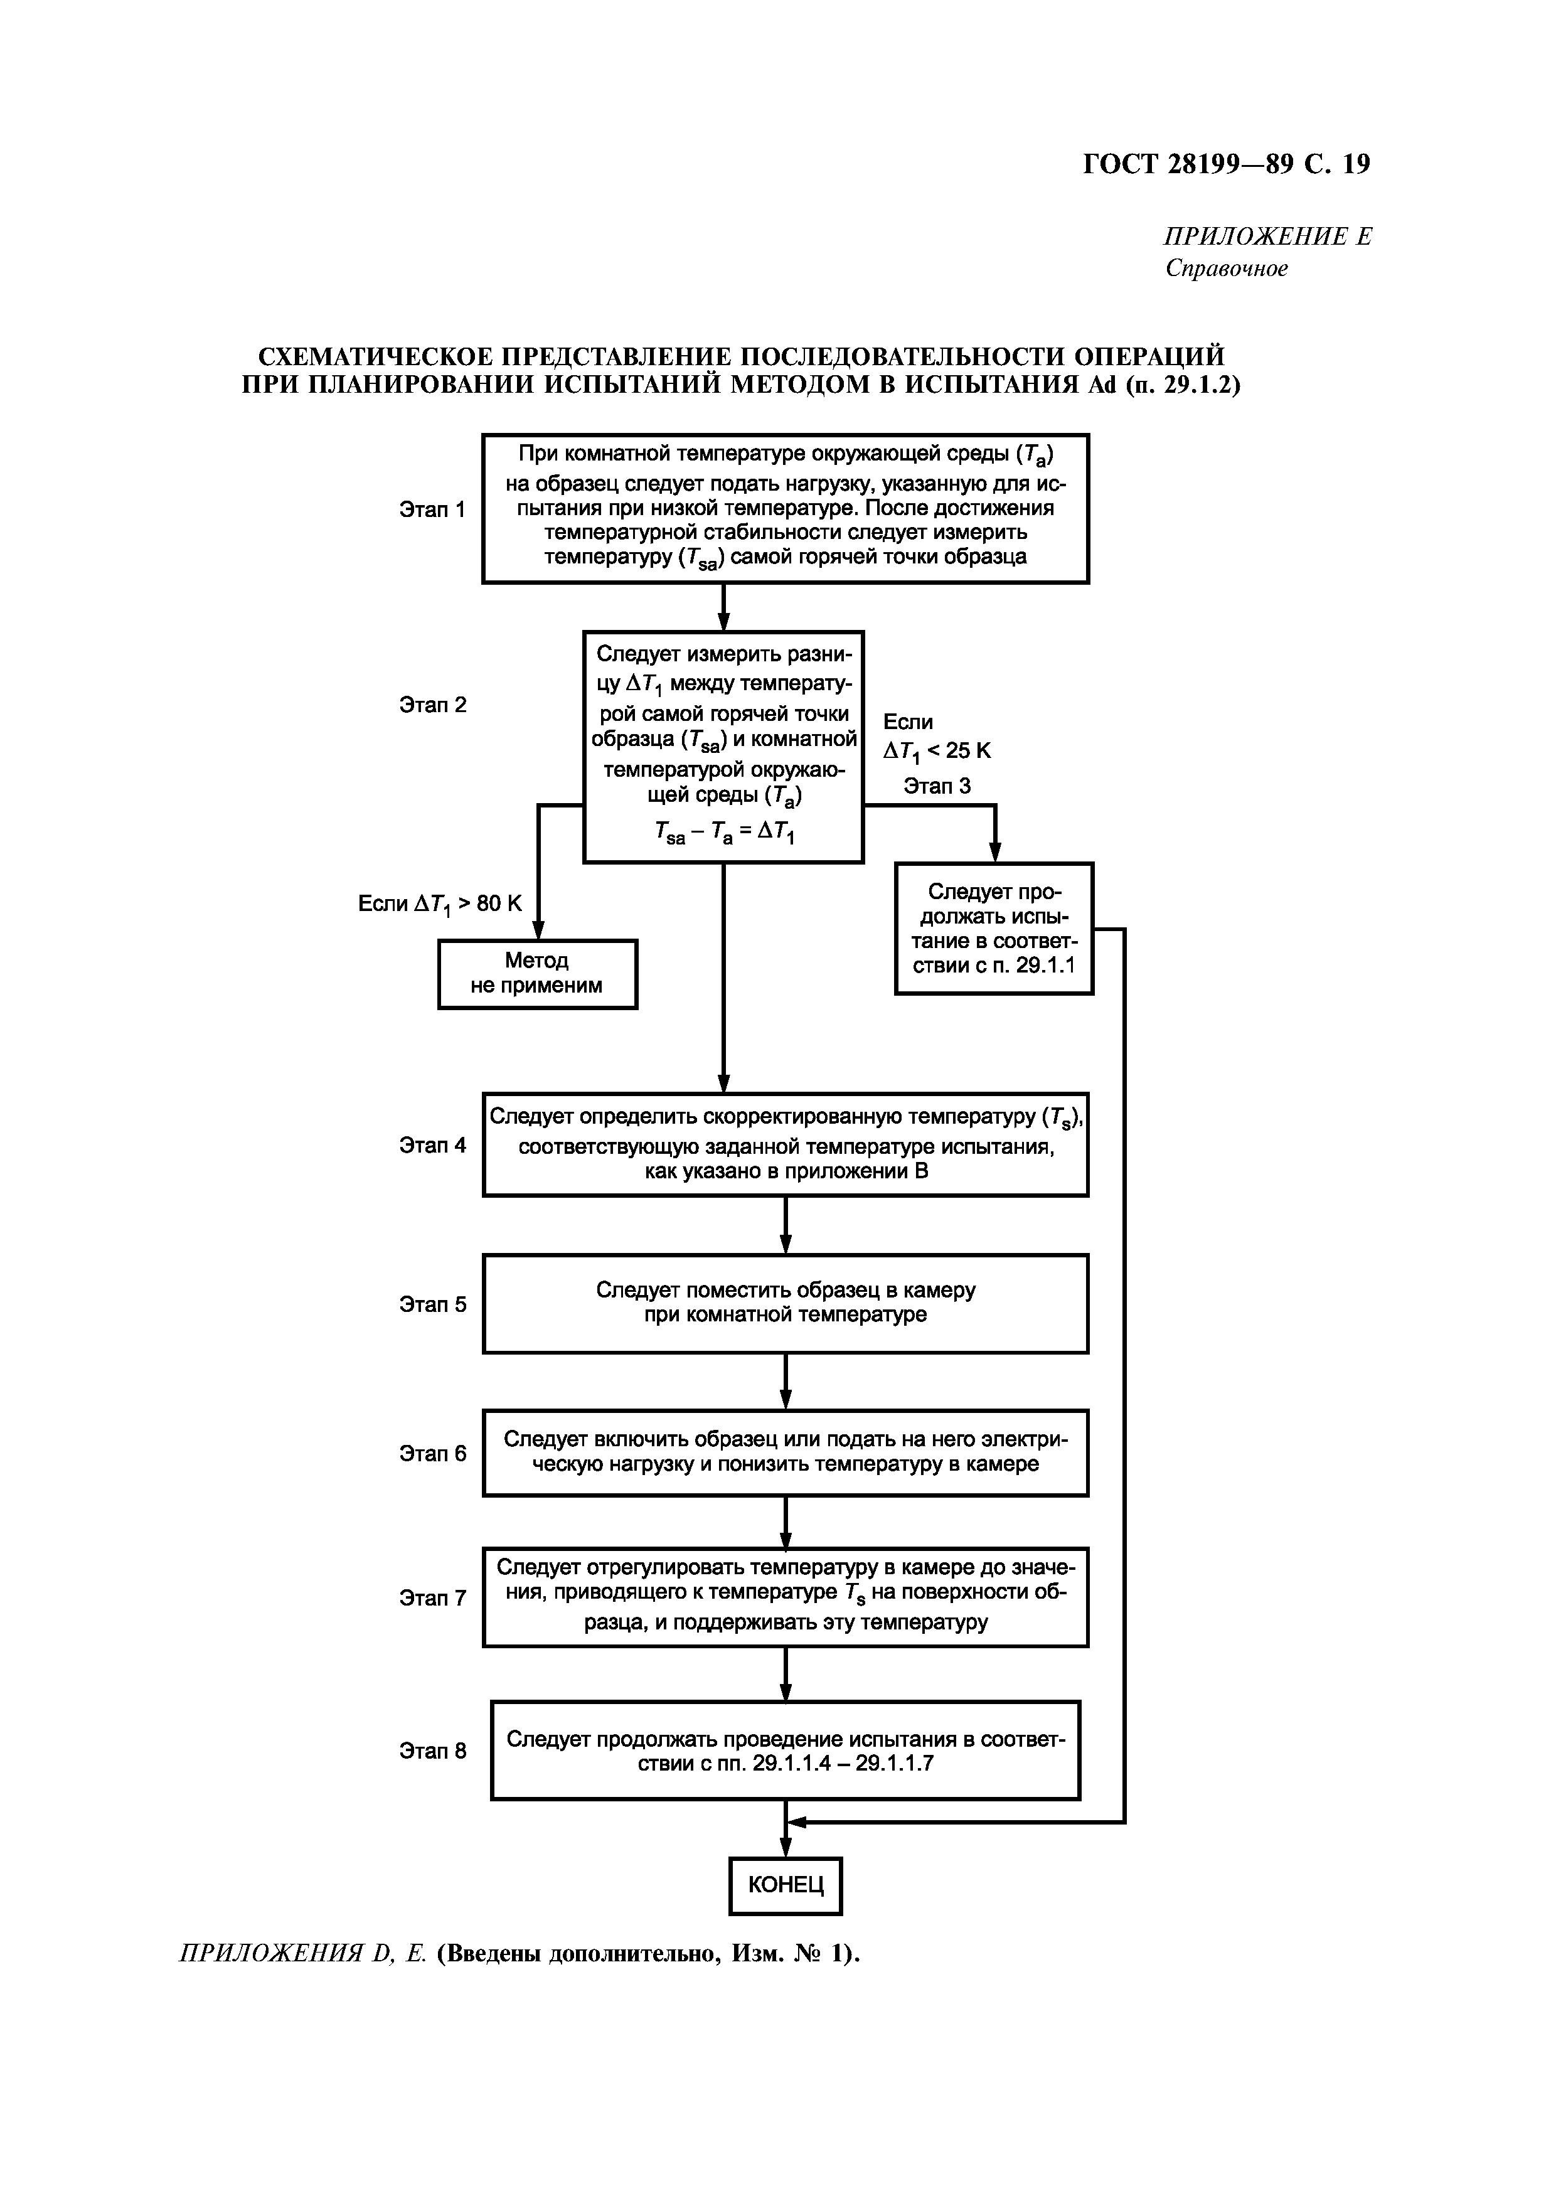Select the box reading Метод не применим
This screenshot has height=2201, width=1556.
(x=537, y=973)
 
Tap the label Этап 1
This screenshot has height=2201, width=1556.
(x=432, y=509)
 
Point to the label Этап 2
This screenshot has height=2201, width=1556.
(x=432, y=705)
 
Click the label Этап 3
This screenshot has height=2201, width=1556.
(x=937, y=786)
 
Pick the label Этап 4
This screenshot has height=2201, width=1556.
(x=432, y=1144)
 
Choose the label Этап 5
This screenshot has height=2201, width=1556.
(x=432, y=1304)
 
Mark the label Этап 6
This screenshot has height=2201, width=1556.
(x=432, y=1453)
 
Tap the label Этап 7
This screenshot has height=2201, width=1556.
(x=432, y=1597)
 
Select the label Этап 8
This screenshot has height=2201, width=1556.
(x=432, y=1751)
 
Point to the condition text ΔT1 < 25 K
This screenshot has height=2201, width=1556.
(x=937, y=750)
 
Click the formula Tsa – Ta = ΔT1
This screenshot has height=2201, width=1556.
(x=724, y=833)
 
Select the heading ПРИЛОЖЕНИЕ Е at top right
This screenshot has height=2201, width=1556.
(x=1267, y=237)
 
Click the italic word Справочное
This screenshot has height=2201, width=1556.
(x=1226, y=269)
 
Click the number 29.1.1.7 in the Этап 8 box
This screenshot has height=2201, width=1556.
(x=895, y=1763)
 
